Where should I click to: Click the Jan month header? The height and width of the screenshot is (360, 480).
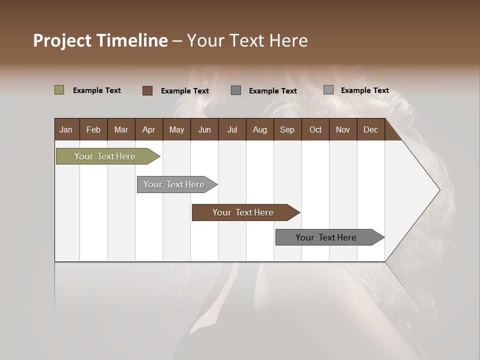click(66, 129)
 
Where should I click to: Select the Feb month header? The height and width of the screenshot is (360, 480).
click(93, 129)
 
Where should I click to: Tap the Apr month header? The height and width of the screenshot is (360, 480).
click(148, 129)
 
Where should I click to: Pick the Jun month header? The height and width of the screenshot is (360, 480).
click(204, 129)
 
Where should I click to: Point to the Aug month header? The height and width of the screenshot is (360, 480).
click(259, 129)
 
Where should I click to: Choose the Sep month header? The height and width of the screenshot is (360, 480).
click(287, 129)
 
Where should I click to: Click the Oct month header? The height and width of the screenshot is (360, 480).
click(315, 129)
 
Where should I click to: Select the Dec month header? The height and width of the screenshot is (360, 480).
click(370, 129)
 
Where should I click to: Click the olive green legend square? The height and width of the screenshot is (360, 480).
click(59, 90)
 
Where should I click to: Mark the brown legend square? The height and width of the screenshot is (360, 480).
click(147, 90)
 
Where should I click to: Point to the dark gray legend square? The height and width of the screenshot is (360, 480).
click(236, 90)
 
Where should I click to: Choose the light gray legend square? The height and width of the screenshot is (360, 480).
click(328, 90)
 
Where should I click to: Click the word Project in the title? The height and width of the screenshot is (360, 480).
click(63, 40)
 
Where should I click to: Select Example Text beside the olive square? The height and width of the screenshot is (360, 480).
click(97, 90)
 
